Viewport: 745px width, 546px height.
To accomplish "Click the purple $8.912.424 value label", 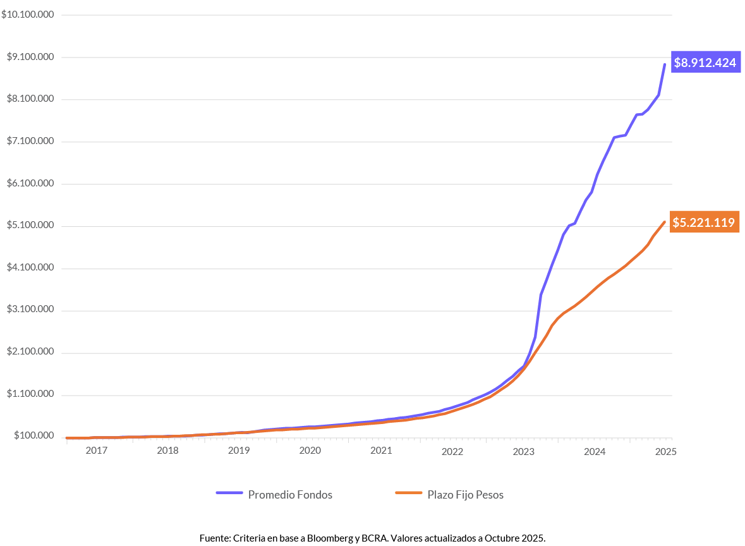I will [x=705, y=63].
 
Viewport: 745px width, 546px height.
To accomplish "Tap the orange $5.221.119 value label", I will [x=703, y=222].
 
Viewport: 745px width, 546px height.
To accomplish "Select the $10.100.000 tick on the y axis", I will [x=28, y=15].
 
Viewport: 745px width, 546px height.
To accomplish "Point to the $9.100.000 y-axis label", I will [x=30, y=57].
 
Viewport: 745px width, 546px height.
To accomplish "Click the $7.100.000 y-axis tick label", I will [x=30, y=142].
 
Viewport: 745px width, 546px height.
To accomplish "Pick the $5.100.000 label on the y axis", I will [x=30, y=226].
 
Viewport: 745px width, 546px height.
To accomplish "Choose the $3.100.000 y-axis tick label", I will [x=30, y=310].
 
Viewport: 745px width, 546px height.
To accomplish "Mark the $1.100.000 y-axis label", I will [x=30, y=394].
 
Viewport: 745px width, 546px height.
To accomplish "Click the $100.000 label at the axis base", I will [x=33, y=436].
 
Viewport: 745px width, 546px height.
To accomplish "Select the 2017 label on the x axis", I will [x=96, y=451].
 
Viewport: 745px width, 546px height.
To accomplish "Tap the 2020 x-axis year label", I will [x=310, y=451].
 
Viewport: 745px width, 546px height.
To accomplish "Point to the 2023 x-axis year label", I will [x=524, y=451].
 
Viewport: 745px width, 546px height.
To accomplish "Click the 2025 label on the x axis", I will [x=666, y=451].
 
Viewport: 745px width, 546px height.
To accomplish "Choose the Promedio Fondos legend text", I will [x=290, y=495].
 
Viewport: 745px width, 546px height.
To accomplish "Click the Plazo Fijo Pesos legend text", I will [x=466, y=495].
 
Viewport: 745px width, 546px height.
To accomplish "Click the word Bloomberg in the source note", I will [x=331, y=538].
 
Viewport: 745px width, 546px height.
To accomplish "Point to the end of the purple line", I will [x=664, y=64].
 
